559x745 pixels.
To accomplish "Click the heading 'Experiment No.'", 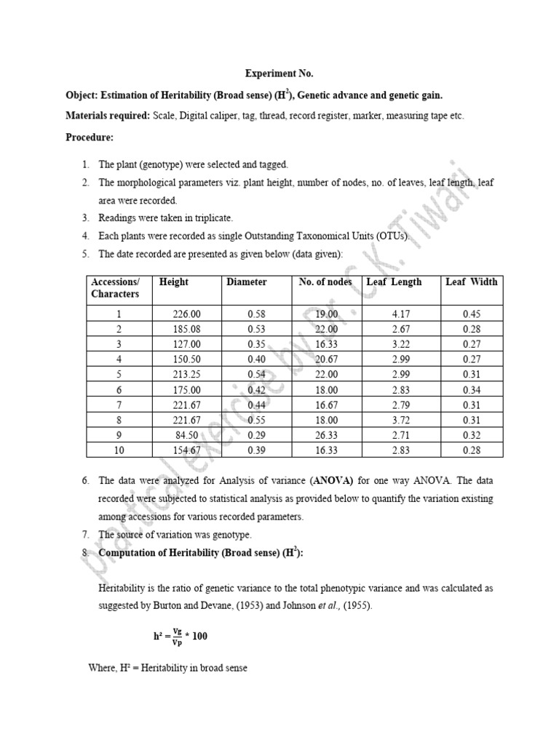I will tap(279, 73).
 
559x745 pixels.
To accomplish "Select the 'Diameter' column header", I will tap(247, 282).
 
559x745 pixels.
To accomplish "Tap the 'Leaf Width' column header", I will tap(471, 282).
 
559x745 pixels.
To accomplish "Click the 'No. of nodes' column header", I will tap(325, 282).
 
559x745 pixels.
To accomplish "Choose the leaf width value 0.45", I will tap(472, 314).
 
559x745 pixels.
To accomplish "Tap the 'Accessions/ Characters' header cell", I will tap(115, 287).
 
